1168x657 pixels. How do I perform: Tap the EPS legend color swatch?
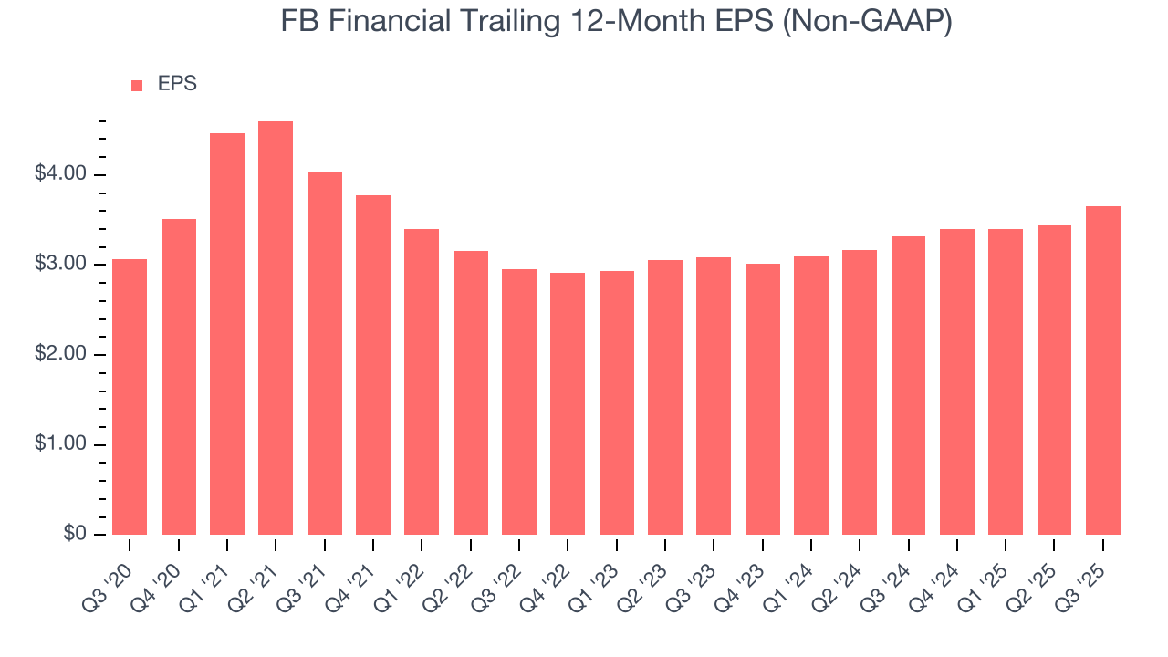point(137,85)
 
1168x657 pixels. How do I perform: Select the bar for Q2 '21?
point(276,328)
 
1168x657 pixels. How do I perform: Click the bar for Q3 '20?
point(130,397)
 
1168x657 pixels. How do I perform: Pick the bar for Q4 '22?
point(568,403)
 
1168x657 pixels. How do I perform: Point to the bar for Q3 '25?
point(1103,370)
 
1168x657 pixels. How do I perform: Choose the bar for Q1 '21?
point(227,334)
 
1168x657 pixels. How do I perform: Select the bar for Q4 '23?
point(763,399)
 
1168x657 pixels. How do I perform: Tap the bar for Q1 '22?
point(422,381)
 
